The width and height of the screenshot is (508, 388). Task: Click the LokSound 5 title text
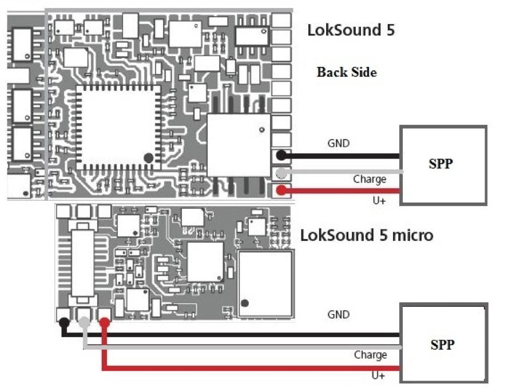(351, 30)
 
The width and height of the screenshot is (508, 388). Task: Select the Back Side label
(347, 72)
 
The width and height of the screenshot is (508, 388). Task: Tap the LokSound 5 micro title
(366, 235)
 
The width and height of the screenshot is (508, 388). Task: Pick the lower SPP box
(443, 345)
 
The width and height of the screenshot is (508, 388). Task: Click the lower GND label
(339, 315)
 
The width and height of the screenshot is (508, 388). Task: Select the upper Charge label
(370, 179)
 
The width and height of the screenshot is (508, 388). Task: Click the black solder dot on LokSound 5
(281, 155)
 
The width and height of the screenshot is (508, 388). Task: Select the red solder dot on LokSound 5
(281, 191)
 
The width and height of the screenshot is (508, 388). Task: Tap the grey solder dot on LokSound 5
(281, 173)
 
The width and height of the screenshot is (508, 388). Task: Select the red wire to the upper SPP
(343, 191)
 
